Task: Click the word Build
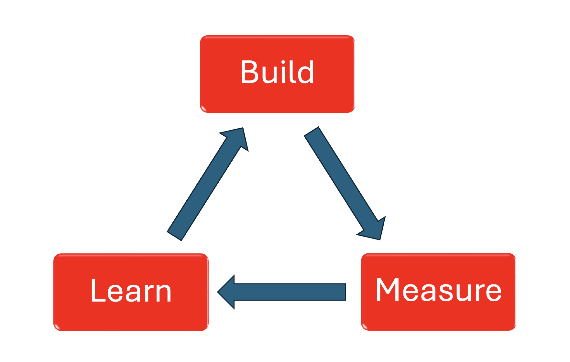(x=277, y=72)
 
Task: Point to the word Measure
(x=438, y=290)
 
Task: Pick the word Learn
(x=131, y=291)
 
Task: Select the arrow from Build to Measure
(x=343, y=181)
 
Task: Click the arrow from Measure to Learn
(x=285, y=292)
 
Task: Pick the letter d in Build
(x=306, y=72)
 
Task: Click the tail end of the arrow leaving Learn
(x=175, y=236)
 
